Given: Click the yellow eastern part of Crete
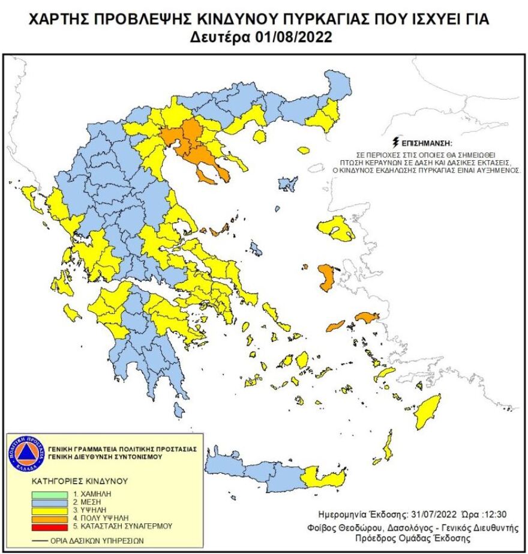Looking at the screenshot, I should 324,478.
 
